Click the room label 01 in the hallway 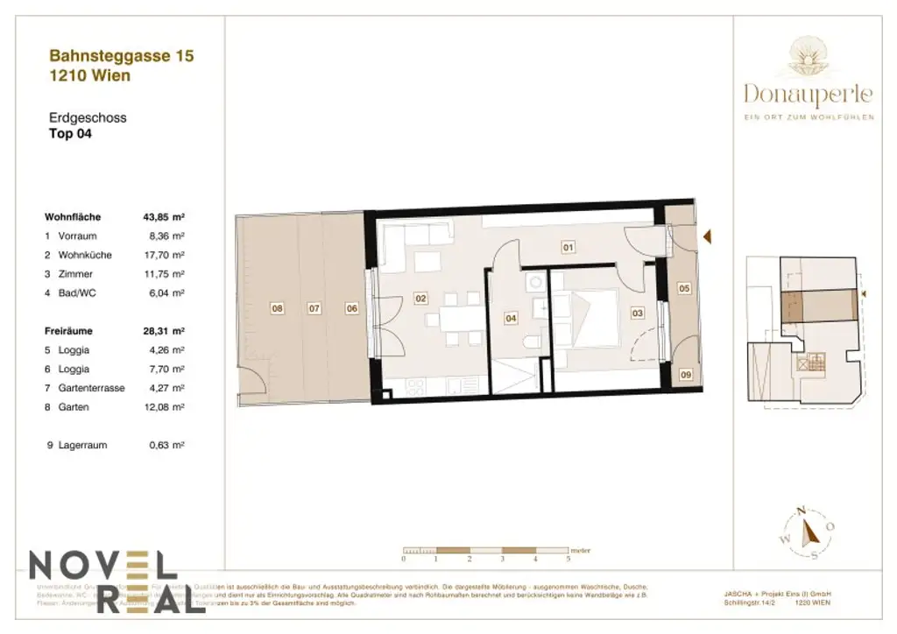tap(568, 248)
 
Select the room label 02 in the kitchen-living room tap(420, 299)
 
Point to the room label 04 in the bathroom tap(511, 320)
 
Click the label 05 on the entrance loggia tap(684, 287)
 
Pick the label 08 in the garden tap(277, 308)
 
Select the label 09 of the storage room tap(685, 375)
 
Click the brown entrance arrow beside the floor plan tap(708, 236)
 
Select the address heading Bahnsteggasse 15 tap(121, 56)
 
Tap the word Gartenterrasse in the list tap(91, 388)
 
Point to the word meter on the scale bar tap(580, 551)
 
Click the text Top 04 tap(70, 134)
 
